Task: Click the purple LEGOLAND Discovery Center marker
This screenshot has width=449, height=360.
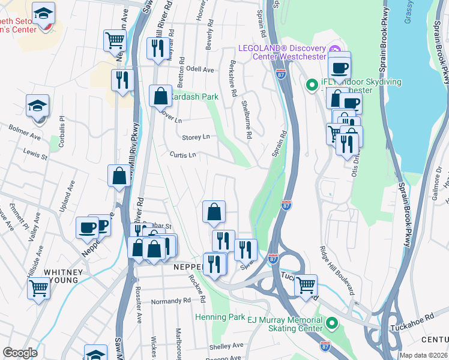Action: tap(334, 49)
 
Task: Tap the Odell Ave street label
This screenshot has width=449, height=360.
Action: tap(200, 70)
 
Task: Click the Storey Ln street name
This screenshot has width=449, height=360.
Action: tap(196, 137)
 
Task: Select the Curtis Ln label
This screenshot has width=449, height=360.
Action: tap(182, 155)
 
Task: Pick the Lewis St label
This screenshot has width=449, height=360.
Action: tap(35, 156)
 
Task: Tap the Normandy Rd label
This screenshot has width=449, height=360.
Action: tap(170, 301)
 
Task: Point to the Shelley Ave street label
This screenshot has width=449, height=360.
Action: tap(226, 346)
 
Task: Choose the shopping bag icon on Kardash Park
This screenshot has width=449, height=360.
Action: tap(161, 96)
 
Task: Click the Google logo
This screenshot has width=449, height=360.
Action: tap(20, 353)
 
